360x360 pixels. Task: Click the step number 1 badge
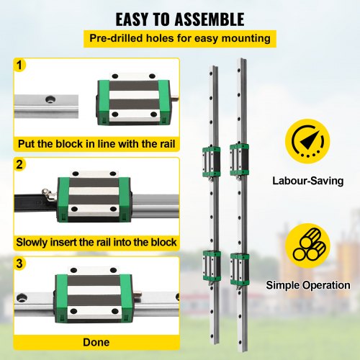(20, 66)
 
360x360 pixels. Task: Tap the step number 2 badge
(20, 165)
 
